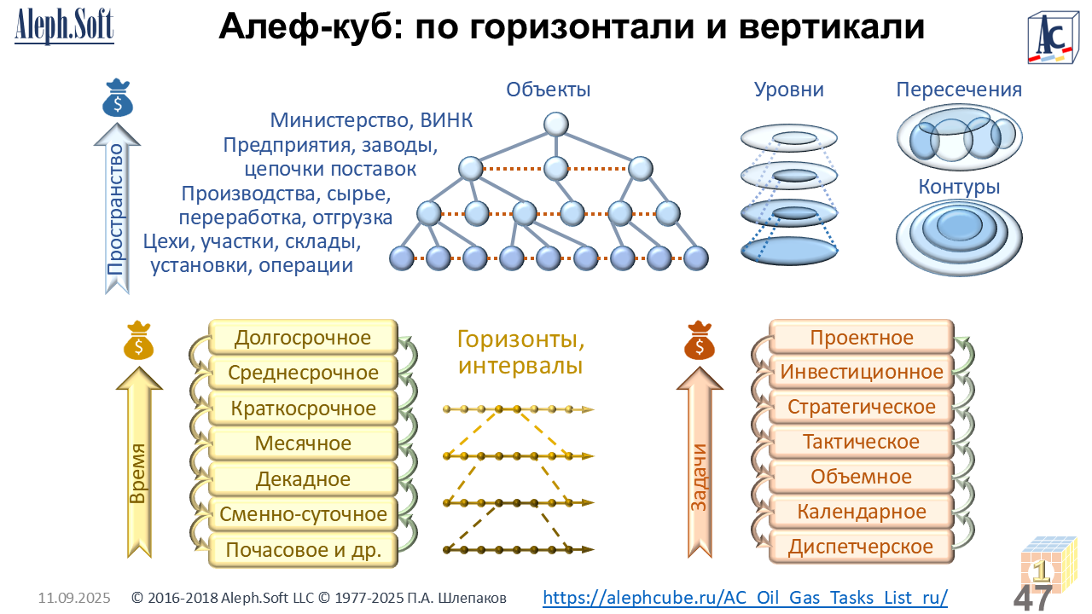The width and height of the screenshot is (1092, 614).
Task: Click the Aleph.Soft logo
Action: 64,26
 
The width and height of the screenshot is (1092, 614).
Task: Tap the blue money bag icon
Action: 118,98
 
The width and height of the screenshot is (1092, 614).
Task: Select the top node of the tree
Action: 555,125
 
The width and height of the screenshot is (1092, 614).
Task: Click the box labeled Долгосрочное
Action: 303,337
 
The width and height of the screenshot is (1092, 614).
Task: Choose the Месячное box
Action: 303,443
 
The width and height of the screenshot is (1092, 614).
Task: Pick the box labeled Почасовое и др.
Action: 303,550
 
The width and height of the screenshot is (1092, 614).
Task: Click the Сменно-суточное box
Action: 303,514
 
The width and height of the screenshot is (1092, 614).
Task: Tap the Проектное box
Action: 862,337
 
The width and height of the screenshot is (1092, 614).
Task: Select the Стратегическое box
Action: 862,407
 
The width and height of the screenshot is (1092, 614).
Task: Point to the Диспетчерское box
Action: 862,547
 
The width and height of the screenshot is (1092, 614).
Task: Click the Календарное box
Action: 862,511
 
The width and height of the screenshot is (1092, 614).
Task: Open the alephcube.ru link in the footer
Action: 745,598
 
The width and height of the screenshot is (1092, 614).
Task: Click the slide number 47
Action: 1032,598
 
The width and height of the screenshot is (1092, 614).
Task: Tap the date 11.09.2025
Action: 74,598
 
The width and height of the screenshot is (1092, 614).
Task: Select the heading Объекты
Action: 548,90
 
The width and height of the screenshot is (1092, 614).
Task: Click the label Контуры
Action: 959,187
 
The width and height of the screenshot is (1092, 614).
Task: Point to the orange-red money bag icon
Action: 699,340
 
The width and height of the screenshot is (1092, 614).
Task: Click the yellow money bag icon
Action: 138,340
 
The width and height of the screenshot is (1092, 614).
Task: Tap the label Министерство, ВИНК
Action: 371,120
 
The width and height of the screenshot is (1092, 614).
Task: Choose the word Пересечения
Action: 959,90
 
